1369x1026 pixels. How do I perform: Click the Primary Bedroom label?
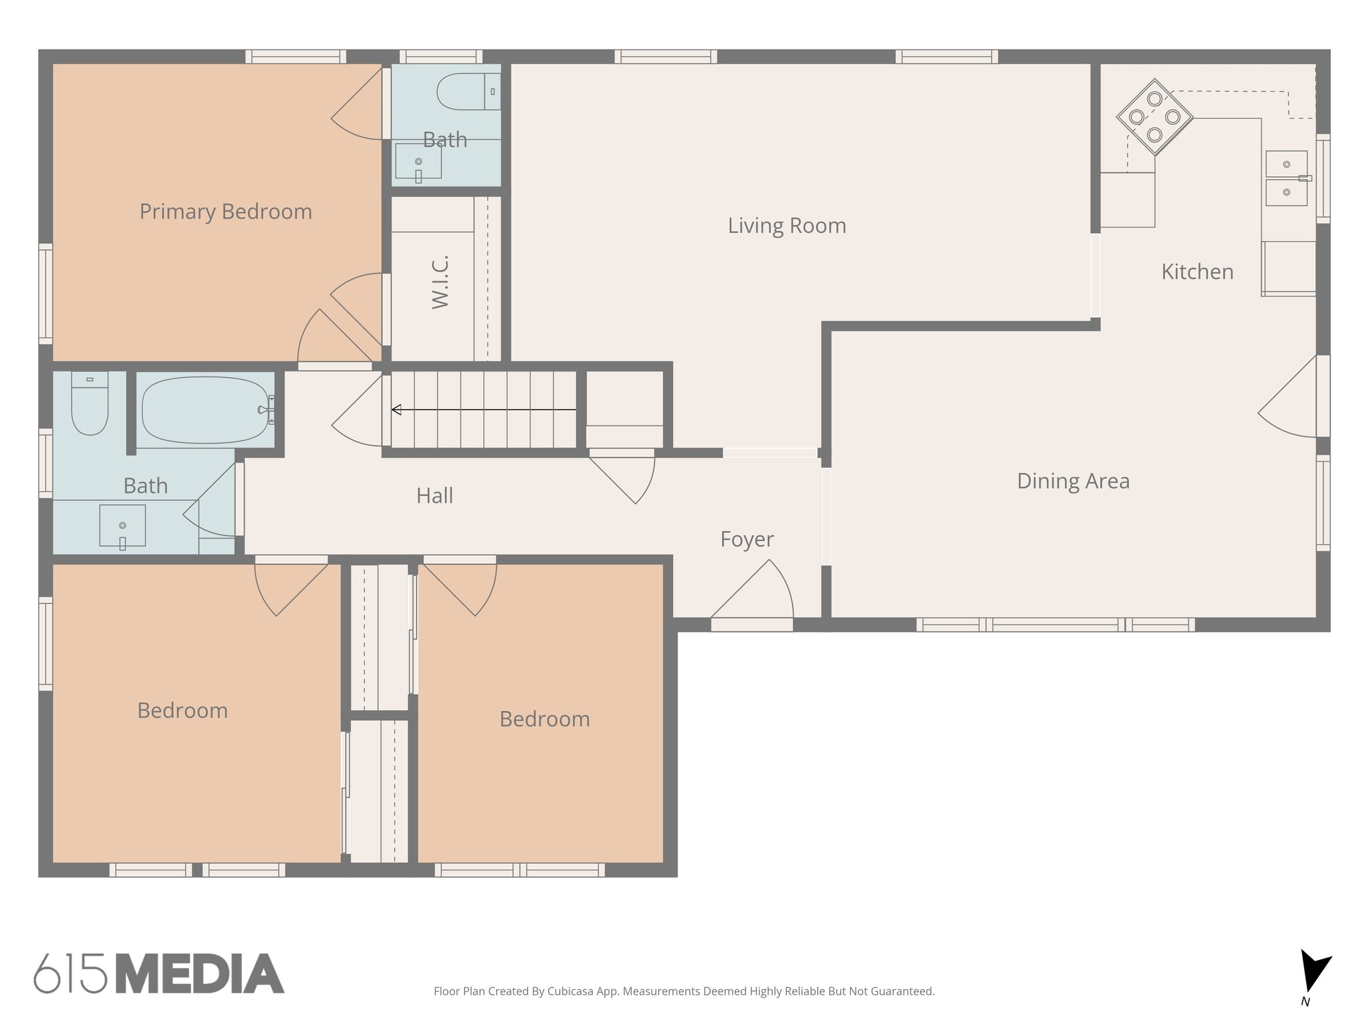[x=225, y=212]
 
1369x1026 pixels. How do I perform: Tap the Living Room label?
[x=787, y=226]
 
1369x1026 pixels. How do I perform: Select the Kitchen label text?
[x=1197, y=272]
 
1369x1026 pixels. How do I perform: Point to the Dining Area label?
[x=1073, y=481]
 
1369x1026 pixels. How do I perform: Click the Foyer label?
[x=747, y=539]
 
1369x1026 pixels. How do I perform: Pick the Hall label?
[x=434, y=496]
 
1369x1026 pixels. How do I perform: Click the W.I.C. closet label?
[x=441, y=281]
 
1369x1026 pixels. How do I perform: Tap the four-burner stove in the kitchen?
[x=1154, y=117]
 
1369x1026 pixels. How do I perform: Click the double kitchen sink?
[x=1286, y=178]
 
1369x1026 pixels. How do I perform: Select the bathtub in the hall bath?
[x=205, y=409]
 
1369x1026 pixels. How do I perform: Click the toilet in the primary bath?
[x=465, y=92]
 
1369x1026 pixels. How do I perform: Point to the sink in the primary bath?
[x=418, y=162]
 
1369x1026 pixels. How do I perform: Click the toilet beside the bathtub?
[x=90, y=405]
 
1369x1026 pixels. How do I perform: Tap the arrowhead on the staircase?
[x=396, y=409]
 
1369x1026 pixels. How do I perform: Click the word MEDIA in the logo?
[x=200, y=973]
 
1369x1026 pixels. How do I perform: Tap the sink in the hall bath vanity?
[x=122, y=526]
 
